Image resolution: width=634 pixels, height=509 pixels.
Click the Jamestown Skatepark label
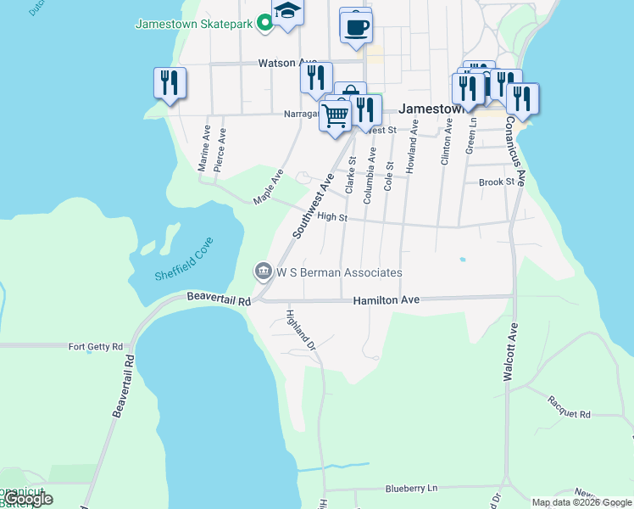194,24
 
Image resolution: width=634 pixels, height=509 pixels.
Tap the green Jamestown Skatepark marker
264,24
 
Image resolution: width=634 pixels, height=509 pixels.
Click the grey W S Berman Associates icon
262,272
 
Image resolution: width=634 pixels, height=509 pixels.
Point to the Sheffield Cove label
185,260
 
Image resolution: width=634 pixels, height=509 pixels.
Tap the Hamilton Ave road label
387,300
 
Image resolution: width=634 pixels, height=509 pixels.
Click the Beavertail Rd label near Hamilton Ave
220,299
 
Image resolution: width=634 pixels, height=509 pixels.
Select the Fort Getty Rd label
96,346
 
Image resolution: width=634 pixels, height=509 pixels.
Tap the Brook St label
497,182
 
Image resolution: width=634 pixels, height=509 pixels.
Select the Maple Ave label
269,186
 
